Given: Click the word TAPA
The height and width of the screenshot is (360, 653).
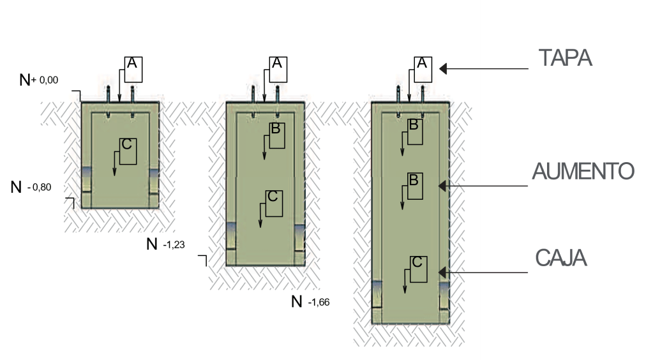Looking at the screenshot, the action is click(x=565, y=58).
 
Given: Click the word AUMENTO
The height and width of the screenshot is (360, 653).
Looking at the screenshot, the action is click(x=583, y=171).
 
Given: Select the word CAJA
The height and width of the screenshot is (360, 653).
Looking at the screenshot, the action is click(x=561, y=259).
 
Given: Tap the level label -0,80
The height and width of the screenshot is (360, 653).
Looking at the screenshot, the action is click(x=39, y=188).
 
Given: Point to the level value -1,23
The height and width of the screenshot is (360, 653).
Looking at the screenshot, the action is click(x=174, y=244).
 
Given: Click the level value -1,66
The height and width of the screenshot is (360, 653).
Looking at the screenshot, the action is click(x=319, y=302).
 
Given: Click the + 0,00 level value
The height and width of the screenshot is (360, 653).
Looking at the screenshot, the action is click(x=45, y=80).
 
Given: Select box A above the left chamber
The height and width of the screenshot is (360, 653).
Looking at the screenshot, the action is click(x=133, y=70).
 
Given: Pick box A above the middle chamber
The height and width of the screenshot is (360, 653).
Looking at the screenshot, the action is click(x=278, y=70).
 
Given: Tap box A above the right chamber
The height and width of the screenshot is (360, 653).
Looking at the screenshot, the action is click(x=423, y=70).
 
